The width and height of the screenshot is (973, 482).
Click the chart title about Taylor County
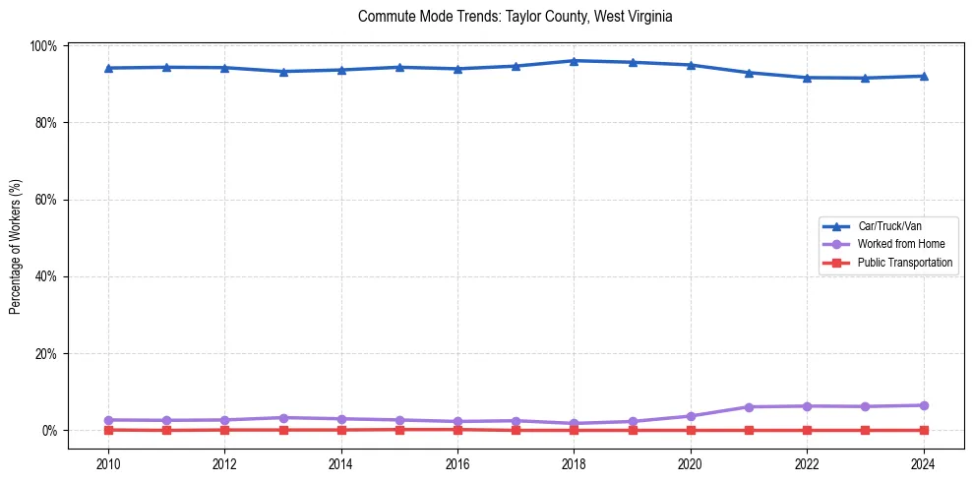[x=515, y=17]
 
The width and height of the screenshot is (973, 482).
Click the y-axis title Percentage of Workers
[x=15, y=246]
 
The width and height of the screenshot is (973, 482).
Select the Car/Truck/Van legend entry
[x=889, y=226]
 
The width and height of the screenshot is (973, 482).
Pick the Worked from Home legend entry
[x=900, y=244]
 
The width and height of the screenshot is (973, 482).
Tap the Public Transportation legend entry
[x=904, y=263]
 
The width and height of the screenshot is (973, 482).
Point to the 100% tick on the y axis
[x=45, y=46]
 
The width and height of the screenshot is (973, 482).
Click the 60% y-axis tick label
[x=47, y=200]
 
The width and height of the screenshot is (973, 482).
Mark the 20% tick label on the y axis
[x=47, y=353]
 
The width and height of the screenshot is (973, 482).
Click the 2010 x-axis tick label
[x=108, y=464]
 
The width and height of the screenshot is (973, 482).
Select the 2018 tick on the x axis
[x=574, y=464]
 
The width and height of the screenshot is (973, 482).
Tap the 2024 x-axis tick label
[x=923, y=464]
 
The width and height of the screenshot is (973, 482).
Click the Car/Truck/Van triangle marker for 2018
[x=574, y=61]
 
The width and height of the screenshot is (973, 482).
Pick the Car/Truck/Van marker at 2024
[x=923, y=76]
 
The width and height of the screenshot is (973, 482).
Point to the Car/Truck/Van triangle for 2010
[x=108, y=68]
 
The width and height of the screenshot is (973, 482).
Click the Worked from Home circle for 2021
[x=749, y=406]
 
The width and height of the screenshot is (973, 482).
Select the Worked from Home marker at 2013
[x=283, y=418]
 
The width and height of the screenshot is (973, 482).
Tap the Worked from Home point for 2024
[x=923, y=405]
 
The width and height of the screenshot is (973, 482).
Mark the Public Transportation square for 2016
[x=457, y=429]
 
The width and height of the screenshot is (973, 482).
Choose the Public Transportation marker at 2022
[x=807, y=430]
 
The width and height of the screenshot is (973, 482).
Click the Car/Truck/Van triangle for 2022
[x=807, y=78]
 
